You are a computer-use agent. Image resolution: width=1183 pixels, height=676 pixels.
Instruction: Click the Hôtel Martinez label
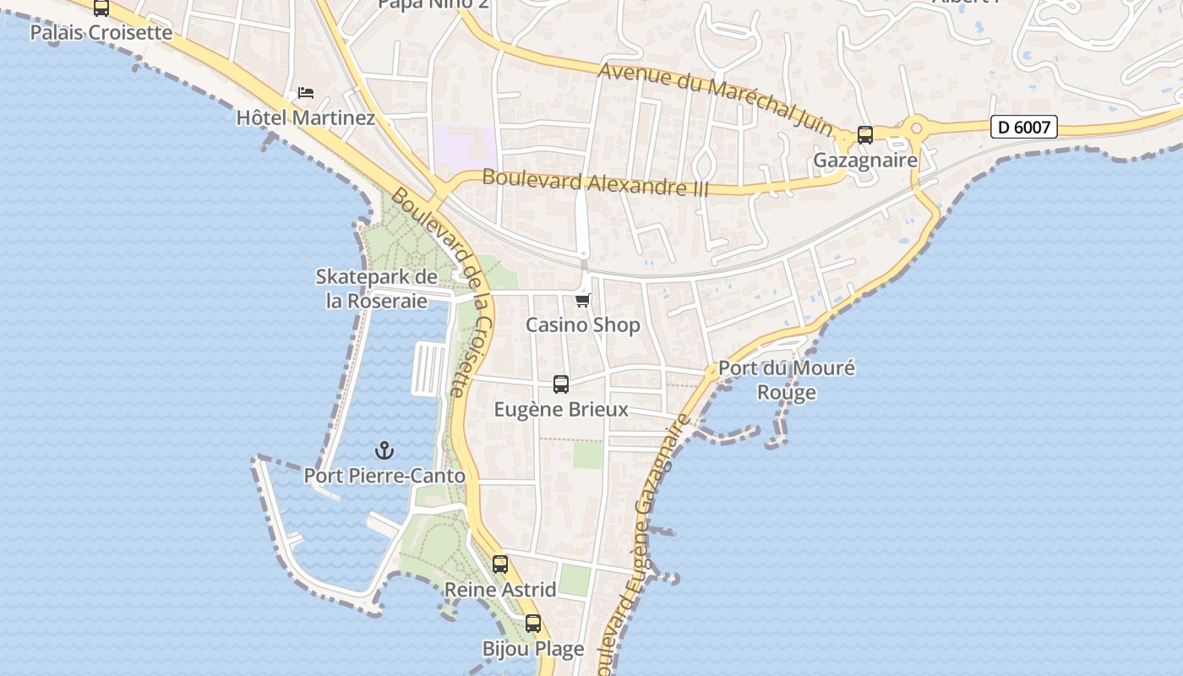[x=305, y=117]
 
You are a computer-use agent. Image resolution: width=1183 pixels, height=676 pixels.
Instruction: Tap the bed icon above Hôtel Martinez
[x=306, y=92]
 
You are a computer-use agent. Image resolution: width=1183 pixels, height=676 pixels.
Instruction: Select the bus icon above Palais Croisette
[x=101, y=8]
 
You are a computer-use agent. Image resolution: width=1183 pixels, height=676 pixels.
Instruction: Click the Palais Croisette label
[x=101, y=33]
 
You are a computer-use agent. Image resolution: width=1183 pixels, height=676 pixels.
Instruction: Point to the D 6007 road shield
[x=1024, y=128]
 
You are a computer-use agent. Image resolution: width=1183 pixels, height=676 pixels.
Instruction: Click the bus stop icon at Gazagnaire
[x=864, y=135]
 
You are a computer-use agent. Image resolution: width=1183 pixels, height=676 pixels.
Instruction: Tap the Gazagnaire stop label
[x=864, y=161]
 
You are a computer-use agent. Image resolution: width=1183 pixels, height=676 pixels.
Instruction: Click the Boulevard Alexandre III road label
[x=595, y=183]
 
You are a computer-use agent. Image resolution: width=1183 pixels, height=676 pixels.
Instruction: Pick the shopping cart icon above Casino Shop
[x=582, y=300]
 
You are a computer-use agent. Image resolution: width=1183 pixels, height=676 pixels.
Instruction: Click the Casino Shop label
[x=582, y=325]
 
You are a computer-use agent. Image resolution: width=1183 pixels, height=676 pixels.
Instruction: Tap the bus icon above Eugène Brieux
[x=560, y=384]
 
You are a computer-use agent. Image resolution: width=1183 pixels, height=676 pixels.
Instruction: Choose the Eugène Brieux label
[x=560, y=410]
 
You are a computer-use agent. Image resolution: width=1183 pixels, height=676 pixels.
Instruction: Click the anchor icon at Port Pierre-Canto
[x=384, y=450]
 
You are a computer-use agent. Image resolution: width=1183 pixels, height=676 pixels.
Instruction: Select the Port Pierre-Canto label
[x=384, y=476]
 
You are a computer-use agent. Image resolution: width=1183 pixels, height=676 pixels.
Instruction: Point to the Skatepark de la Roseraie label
[x=376, y=288]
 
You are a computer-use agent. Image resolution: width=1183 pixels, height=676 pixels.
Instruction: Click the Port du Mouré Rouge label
[x=786, y=380]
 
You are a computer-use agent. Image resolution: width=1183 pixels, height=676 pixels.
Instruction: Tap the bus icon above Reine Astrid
[x=500, y=564]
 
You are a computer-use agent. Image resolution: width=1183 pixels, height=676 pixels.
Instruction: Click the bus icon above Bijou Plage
[x=532, y=624]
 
